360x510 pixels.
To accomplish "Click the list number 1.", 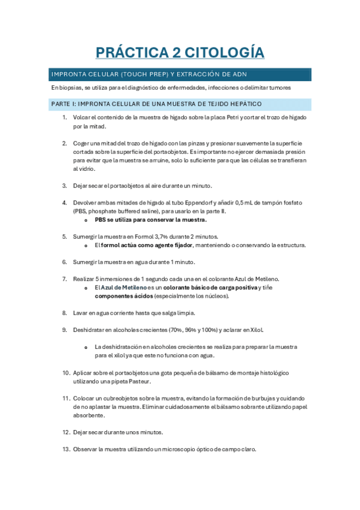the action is tap(65, 117).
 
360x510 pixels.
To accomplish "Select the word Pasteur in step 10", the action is tap(138, 381).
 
